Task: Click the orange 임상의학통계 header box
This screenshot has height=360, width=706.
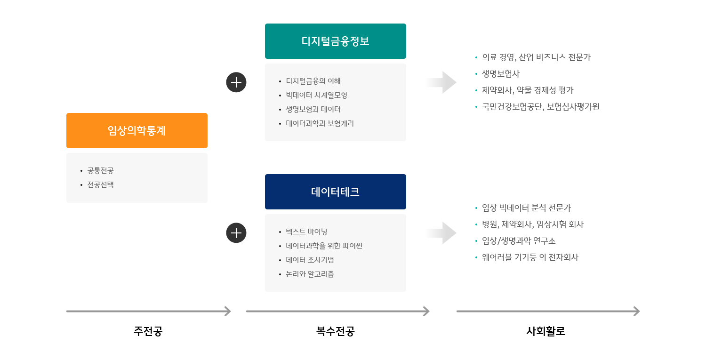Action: (136, 130)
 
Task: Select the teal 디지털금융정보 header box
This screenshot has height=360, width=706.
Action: (335, 41)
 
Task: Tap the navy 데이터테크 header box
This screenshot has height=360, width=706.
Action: (335, 192)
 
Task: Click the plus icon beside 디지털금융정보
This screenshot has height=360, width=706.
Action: (236, 82)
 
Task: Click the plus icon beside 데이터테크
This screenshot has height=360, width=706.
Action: (236, 233)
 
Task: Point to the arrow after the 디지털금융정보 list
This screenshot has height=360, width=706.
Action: (441, 82)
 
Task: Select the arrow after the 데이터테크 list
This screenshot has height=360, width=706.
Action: (441, 233)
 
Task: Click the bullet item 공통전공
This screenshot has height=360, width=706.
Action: (100, 170)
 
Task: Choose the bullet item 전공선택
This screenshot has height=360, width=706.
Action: (100, 184)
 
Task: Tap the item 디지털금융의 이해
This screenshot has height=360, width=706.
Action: (313, 81)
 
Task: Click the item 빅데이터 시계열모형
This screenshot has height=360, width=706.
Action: (316, 95)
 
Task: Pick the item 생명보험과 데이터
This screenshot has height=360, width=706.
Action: (313, 109)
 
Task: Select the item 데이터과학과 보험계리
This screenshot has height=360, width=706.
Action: (320, 123)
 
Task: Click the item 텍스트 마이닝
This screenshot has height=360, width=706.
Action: (306, 232)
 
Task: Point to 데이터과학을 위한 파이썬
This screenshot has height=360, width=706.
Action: (324, 246)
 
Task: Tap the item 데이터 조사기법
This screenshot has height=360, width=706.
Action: (310, 260)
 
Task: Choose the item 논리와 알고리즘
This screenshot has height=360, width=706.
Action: (310, 274)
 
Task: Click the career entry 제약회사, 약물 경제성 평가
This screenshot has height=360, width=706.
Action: (528, 90)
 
